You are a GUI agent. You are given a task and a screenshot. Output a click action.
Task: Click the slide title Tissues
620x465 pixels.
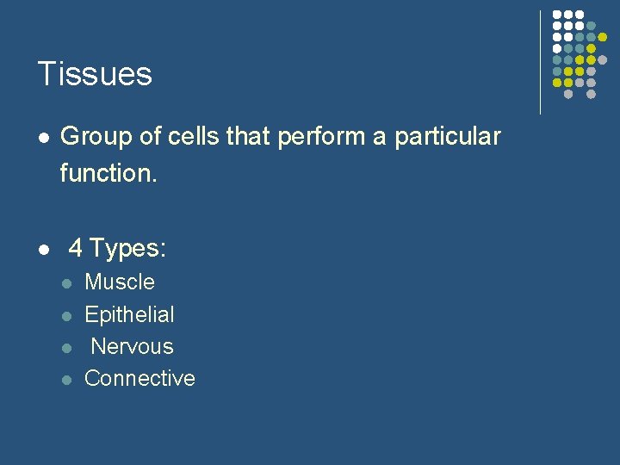click(95, 74)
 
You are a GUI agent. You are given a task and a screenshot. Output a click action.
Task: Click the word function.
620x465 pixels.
click(108, 173)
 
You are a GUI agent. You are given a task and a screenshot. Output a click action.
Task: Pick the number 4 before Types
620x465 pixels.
click(76, 249)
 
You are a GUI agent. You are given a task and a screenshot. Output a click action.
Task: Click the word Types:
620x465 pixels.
click(128, 249)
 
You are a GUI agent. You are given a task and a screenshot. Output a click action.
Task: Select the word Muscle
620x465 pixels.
click(120, 282)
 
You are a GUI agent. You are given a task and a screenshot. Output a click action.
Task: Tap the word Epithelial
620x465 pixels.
click(129, 314)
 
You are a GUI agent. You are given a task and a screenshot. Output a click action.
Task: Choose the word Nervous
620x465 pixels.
click(132, 347)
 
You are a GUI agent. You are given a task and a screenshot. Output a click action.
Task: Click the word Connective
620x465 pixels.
click(139, 379)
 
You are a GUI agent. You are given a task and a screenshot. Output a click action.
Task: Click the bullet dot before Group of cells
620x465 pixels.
click(42, 138)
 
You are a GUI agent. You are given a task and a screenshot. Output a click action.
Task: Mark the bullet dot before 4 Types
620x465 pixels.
click(42, 250)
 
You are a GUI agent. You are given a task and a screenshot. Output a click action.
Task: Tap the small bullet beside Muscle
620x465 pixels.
click(65, 283)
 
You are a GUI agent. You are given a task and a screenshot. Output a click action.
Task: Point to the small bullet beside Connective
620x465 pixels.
click(65, 380)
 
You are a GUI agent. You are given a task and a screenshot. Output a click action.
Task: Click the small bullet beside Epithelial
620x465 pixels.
click(65, 315)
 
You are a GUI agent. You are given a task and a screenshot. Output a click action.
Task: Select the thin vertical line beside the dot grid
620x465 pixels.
click(540, 62)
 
